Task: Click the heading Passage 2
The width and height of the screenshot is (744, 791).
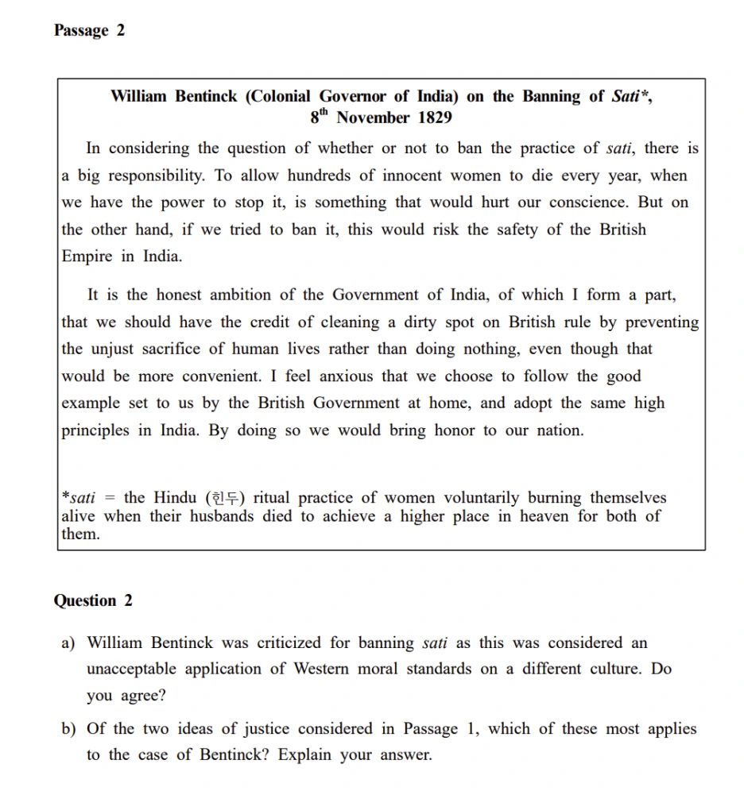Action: (x=89, y=31)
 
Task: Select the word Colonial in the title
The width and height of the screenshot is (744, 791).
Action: (x=280, y=97)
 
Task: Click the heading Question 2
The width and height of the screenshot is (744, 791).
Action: (x=93, y=601)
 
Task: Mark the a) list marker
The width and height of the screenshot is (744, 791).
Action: (x=68, y=643)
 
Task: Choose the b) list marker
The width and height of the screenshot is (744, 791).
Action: (x=69, y=729)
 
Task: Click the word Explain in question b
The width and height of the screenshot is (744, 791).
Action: (x=306, y=755)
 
